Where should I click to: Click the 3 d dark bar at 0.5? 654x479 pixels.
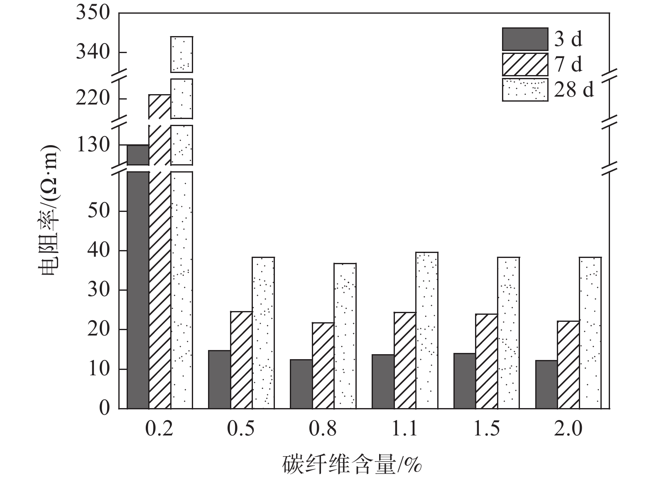click(219, 379)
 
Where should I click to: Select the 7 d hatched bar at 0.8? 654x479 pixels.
click(323, 365)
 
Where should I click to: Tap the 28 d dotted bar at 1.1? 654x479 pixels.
click(426, 330)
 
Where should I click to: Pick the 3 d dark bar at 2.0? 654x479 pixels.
click(546, 384)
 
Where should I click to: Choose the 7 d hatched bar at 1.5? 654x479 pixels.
click(486, 361)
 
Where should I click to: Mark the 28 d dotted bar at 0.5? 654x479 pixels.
click(263, 333)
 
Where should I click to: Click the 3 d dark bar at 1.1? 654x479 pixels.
click(383, 382)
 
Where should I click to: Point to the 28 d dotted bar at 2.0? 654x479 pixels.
click(590, 333)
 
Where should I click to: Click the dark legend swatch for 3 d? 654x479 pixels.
click(525, 39)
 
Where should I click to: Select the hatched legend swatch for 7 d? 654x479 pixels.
click(525, 64)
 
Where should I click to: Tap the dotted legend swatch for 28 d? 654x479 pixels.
click(525, 90)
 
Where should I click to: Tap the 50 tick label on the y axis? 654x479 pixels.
click(98, 211)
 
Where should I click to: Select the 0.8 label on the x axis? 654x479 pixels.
click(323, 429)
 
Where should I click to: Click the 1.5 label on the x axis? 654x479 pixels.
click(486, 429)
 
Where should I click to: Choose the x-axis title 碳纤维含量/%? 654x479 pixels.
click(352, 464)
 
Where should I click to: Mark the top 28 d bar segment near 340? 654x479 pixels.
click(181, 54)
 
